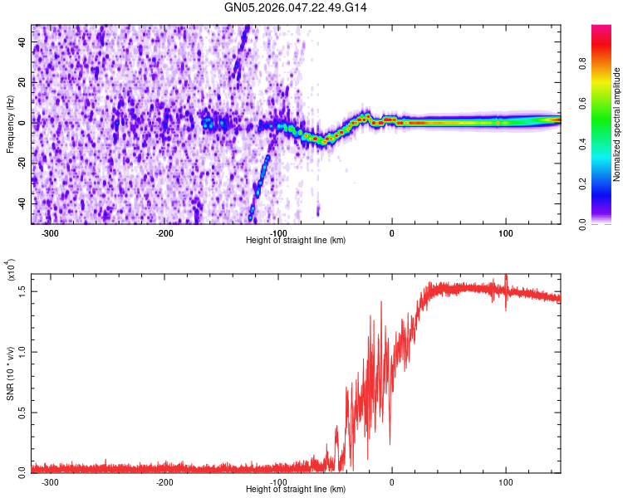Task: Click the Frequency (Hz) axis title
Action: [x=10, y=124]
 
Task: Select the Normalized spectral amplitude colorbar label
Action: [x=617, y=124]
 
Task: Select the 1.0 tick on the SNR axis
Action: [x=22, y=351]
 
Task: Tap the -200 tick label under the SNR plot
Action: [x=164, y=482]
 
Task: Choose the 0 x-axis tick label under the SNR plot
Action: [x=392, y=482]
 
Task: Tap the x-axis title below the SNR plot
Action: [x=296, y=490]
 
